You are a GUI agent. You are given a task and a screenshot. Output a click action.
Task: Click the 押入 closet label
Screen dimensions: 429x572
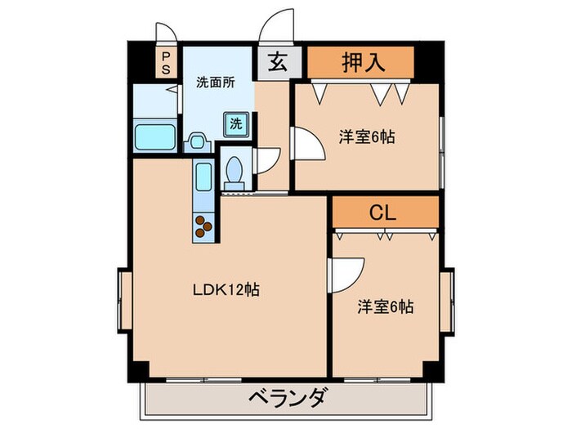click(361, 61)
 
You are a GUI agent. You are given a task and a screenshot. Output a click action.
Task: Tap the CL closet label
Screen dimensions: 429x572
click(382, 213)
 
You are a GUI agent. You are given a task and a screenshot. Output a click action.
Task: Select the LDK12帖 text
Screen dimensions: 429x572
click(226, 289)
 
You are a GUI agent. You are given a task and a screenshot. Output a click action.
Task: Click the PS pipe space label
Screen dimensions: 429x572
click(166, 63)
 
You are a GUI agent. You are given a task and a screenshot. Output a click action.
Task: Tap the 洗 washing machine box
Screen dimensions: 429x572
click(235, 124)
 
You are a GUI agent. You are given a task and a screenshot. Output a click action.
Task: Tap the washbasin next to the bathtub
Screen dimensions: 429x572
click(197, 141)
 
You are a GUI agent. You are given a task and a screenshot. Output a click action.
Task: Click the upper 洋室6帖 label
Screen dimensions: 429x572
click(367, 137)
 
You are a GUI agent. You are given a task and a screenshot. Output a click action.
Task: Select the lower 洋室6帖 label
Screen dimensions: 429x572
click(385, 307)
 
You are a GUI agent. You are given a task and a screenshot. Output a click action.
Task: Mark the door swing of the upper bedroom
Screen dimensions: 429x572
click(308, 145)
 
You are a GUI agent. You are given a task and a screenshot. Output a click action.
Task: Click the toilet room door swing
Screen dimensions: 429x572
click(267, 159)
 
